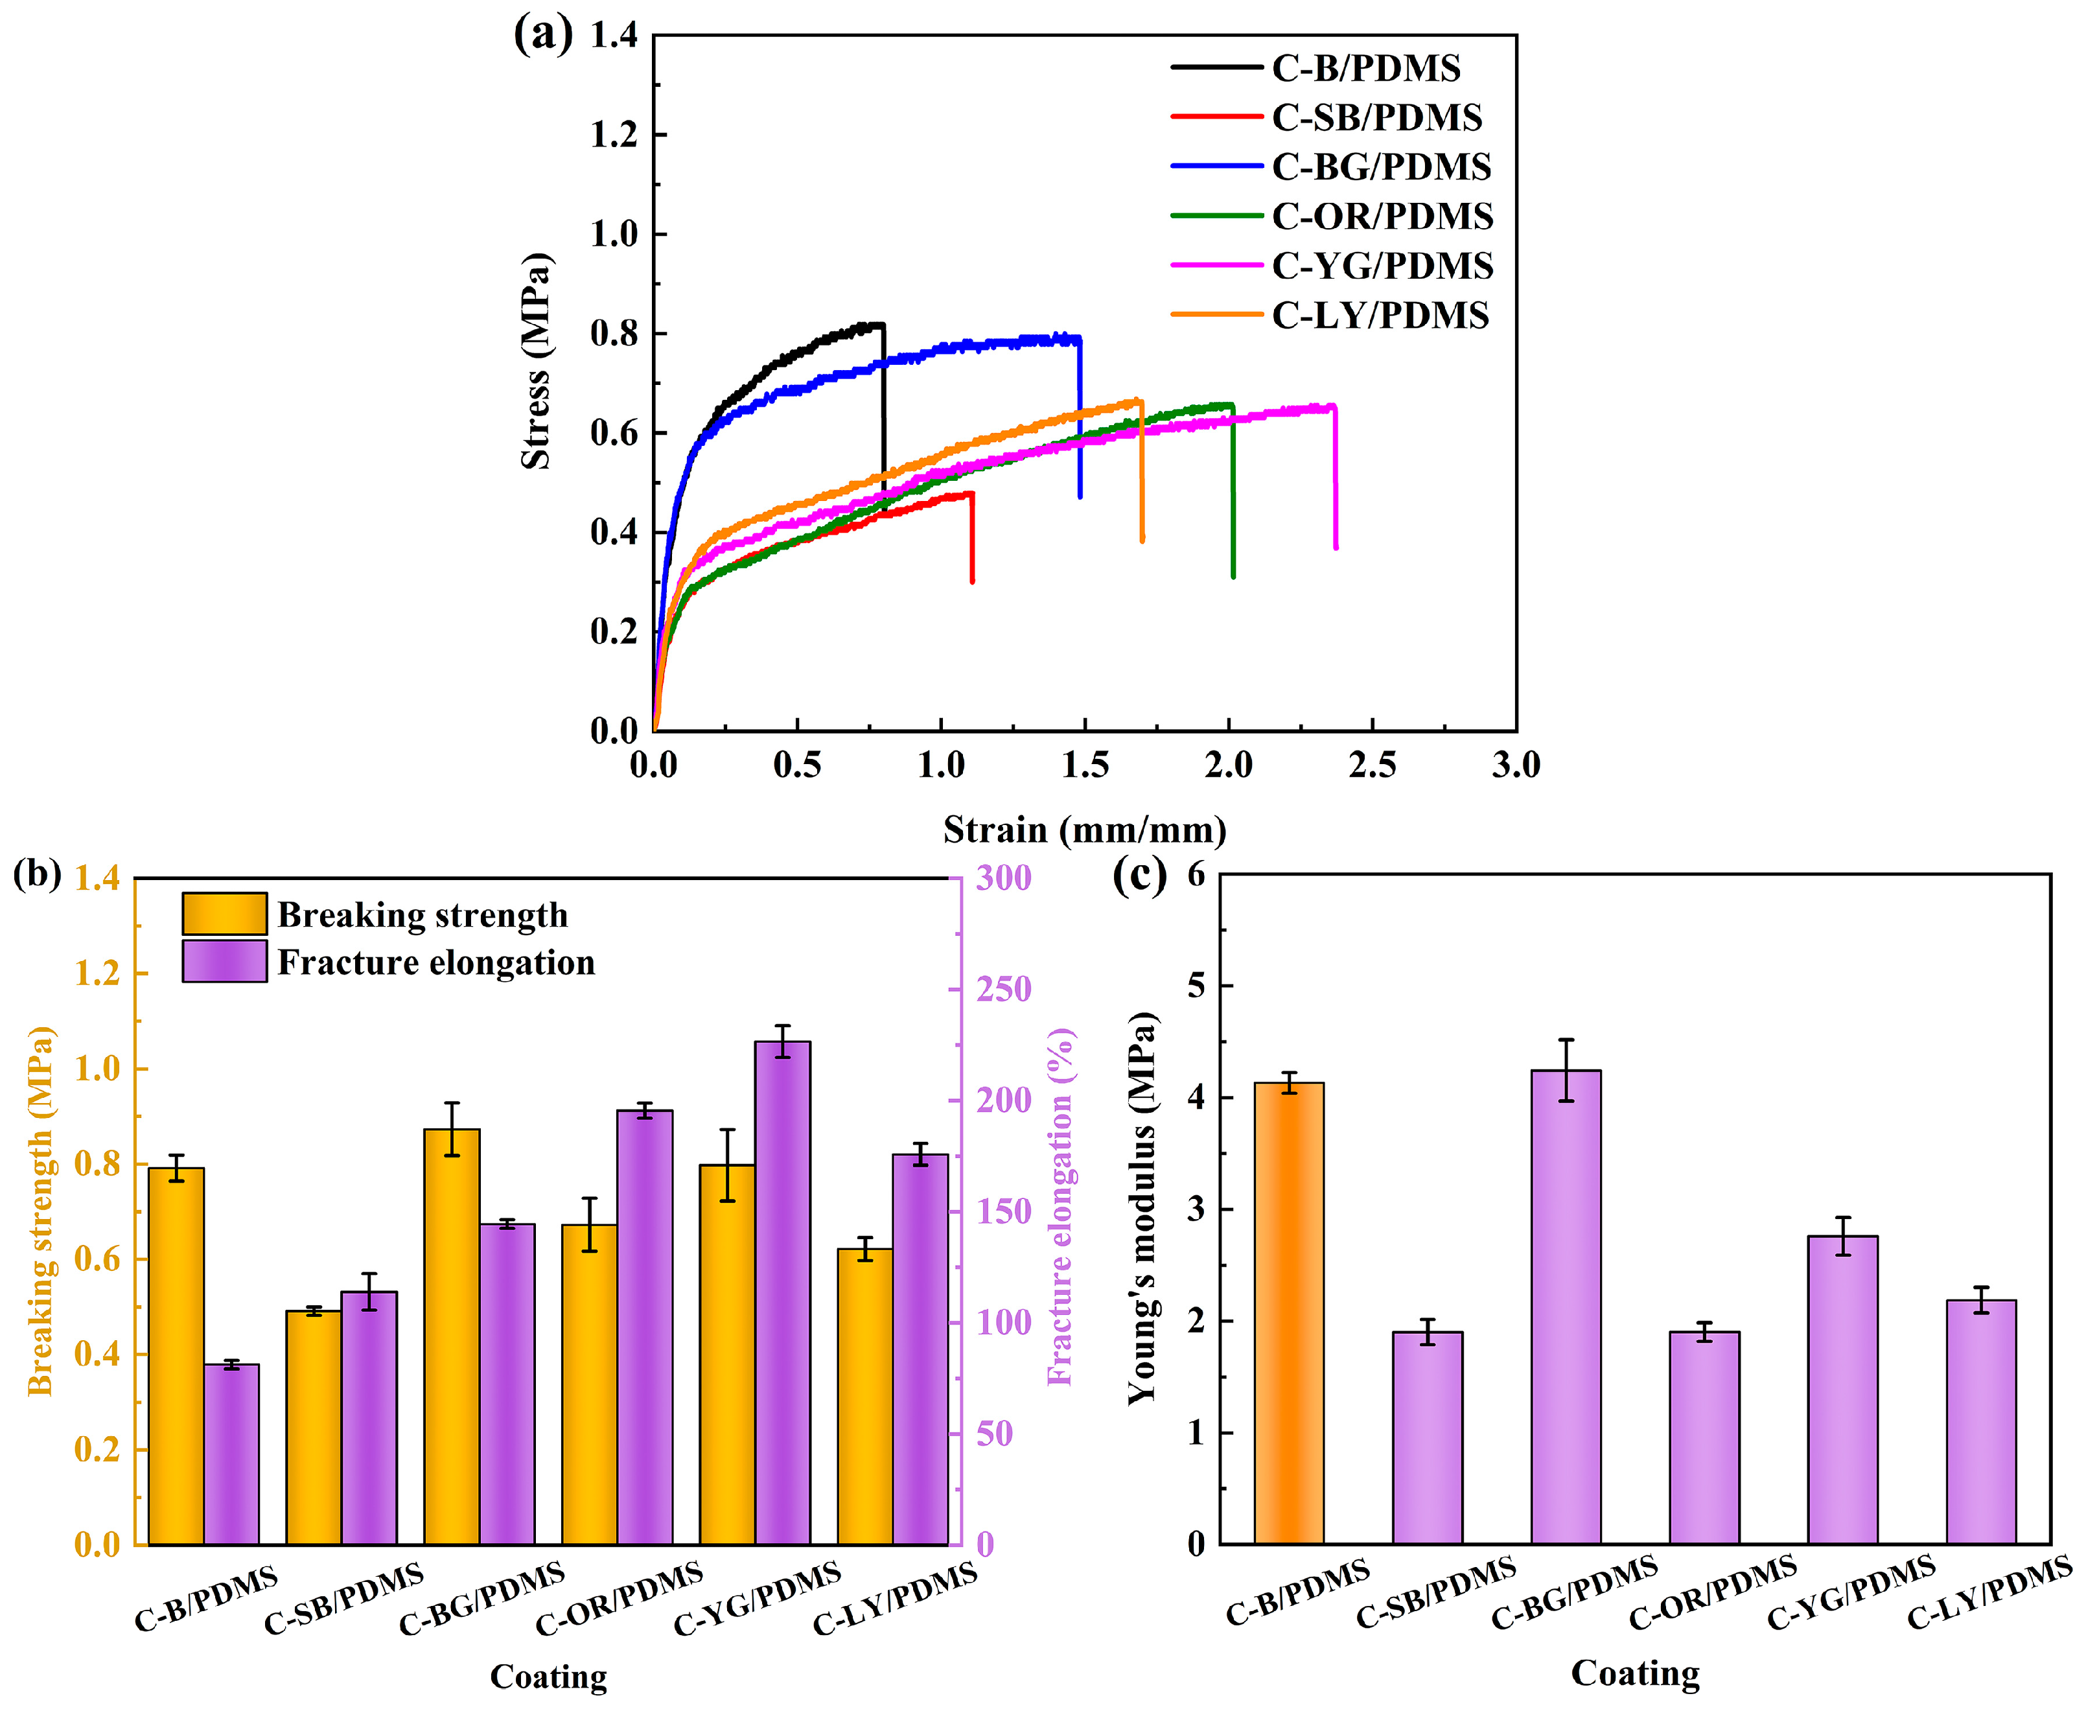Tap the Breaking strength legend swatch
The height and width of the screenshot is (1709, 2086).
[x=224, y=914]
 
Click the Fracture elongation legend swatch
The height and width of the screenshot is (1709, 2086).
[x=224, y=961]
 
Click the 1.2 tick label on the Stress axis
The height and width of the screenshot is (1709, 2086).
[x=613, y=135]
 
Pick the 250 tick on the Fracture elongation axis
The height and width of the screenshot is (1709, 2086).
[x=1003, y=988]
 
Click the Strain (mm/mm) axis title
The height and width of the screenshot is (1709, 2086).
[x=1084, y=830]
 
